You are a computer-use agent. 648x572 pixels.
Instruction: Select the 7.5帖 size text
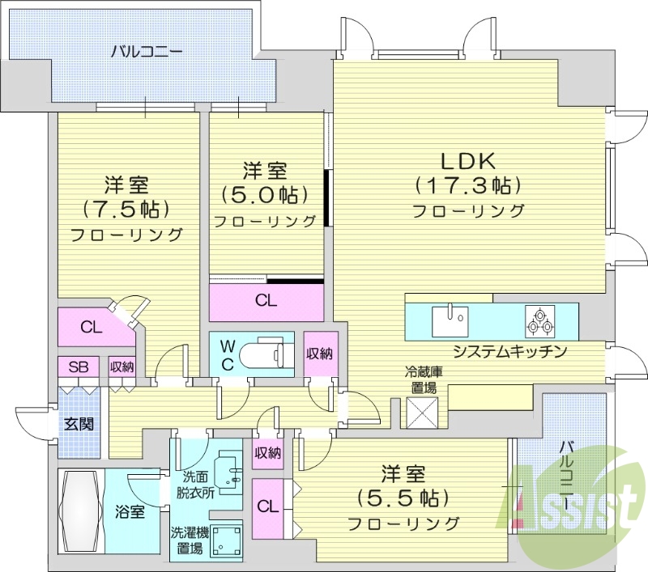pos(126,209)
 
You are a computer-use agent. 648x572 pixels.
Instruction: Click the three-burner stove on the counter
pos(539,321)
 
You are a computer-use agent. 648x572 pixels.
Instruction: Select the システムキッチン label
pos(509,351)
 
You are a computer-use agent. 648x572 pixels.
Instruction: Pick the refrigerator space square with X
pos(422,413)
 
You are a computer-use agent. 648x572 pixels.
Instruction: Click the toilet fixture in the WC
pos(266,354)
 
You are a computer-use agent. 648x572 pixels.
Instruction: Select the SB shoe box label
pos(78,367)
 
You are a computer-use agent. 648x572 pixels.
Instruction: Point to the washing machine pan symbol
pos(226,542)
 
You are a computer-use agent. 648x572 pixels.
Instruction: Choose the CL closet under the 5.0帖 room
pos(266,301)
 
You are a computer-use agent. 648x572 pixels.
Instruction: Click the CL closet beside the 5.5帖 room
pos(266,506)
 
